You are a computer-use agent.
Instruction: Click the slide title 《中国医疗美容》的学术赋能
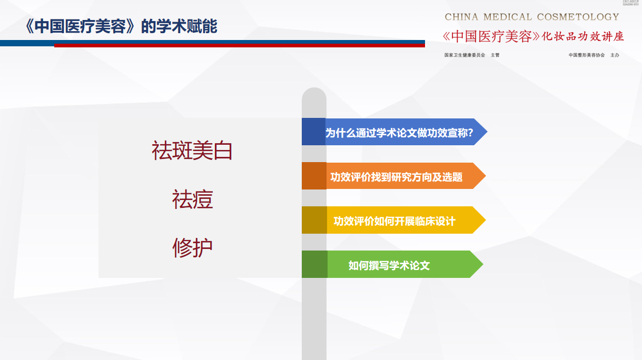point(121,26)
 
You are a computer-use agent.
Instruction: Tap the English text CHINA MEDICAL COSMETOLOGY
point(532,17)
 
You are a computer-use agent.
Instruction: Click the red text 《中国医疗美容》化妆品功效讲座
point(534,36)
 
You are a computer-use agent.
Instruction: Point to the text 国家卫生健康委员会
point(465,55)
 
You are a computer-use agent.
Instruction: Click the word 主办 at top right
point(615,55)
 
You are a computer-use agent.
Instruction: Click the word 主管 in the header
point(495,55)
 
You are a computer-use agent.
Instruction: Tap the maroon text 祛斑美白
point(192,151)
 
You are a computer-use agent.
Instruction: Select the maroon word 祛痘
point(192,199)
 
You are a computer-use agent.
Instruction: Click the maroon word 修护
point(192,248)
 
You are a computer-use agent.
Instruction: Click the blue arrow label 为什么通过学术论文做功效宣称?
point(399,133)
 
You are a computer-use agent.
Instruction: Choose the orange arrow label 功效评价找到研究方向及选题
point(396,177)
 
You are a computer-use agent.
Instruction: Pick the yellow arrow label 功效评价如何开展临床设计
point(394,221)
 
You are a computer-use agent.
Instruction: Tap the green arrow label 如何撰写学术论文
point(389,265)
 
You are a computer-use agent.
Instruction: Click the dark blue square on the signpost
point(313,132)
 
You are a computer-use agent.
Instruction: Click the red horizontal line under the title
point(240,46)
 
